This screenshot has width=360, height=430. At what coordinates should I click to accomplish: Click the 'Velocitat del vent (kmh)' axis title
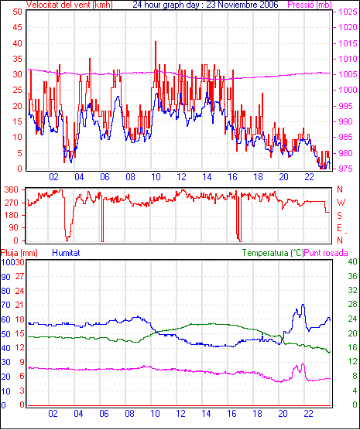click(70, 5)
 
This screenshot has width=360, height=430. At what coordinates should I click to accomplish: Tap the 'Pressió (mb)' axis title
click(310, 5)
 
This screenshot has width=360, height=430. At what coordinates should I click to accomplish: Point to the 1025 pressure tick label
click(348, 12)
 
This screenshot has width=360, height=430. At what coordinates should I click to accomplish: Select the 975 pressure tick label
click(348, 169)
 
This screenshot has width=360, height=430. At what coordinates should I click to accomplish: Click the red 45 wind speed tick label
click(17, 27)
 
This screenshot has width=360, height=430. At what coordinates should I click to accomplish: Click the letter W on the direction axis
click(341, 203)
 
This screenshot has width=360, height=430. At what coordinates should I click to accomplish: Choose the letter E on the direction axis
click(339, 228)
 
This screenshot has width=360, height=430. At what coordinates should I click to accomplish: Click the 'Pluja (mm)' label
click(19, 253)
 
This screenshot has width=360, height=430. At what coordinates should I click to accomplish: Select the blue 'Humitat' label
click(66, 253)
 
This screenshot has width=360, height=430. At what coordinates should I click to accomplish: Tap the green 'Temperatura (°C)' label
click(273, 253)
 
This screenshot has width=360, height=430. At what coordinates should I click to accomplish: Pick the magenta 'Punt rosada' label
click(326, 253)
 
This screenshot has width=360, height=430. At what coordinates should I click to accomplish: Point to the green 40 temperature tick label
click(352, 261)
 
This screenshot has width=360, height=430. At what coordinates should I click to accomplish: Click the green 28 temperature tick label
click(352, 305)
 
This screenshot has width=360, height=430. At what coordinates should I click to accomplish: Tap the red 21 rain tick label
click(19, 305)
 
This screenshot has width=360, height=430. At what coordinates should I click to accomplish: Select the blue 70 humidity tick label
click(5, 305)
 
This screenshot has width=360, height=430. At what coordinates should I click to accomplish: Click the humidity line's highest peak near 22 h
click(303, 305)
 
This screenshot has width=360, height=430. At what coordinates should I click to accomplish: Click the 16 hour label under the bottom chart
click(231, 413)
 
